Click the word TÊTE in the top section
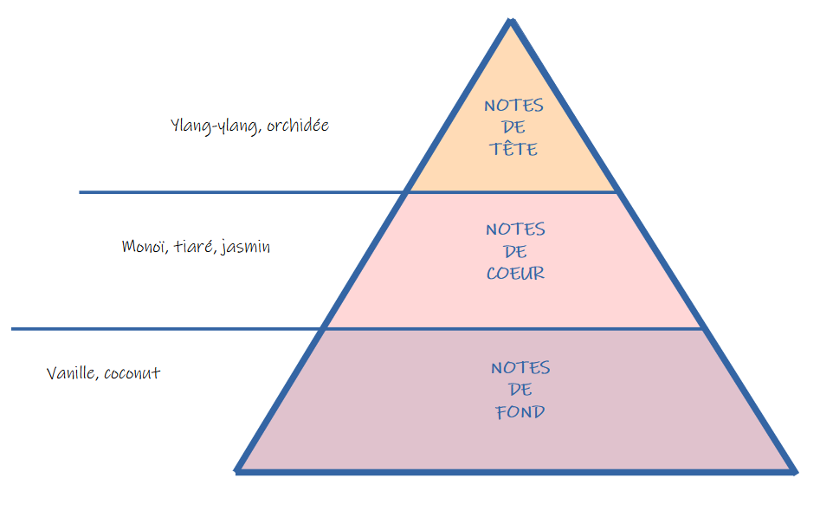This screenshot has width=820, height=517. (x=513, y=149)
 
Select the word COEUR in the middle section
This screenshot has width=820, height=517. (x=515, y=273)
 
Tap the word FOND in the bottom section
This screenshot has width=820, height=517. (x=520, y=411)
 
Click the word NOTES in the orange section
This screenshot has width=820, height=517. (x=513, y=106)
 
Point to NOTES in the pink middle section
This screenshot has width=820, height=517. (x=515, y=229)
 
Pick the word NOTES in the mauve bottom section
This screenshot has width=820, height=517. (x=520, y=368)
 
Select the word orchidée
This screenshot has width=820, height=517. (x=298, y=126)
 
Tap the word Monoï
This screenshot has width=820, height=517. (x=143, y=247)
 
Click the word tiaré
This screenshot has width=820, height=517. (x=191, y=247)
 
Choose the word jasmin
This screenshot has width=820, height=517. (x=246, y=247)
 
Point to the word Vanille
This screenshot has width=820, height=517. (x=72, y=373)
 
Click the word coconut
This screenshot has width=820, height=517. (x=132, y=373)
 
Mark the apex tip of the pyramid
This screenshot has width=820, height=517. (x=512, y=20)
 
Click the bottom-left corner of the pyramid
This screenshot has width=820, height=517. (x=238, y=471)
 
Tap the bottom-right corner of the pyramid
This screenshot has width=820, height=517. (x=793, y=471)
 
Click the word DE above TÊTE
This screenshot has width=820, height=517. (x=513, y=127)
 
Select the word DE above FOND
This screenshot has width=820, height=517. (x=520, y=390)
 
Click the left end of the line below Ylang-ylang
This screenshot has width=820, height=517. (x=81, y=192)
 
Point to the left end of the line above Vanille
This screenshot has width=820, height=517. (x=13, y=329)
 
